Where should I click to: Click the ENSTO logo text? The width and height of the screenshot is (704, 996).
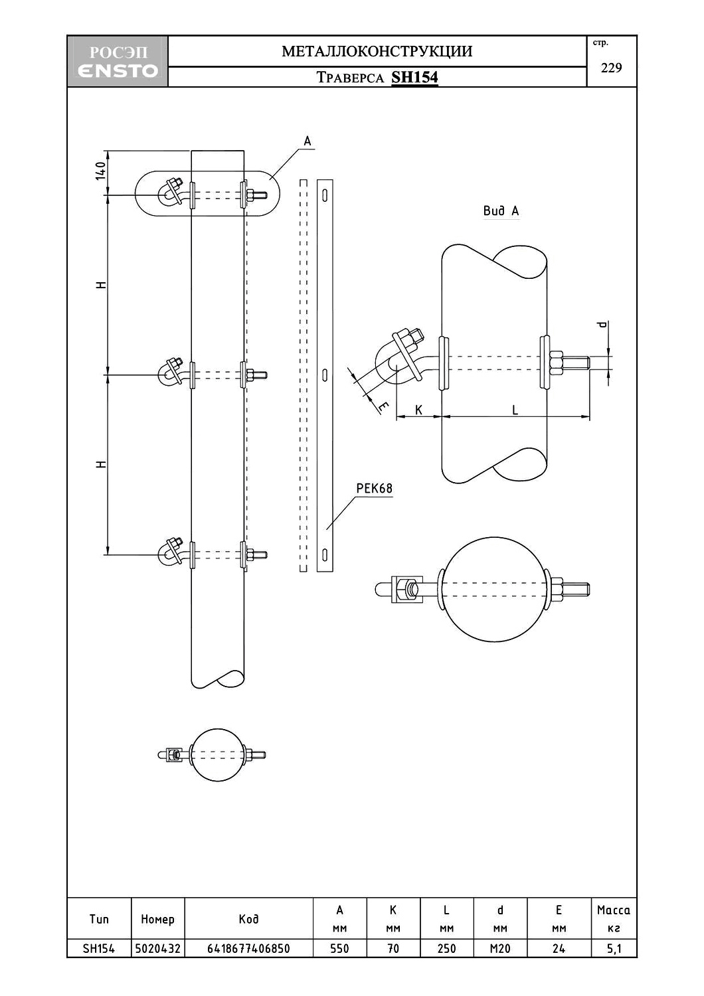118,70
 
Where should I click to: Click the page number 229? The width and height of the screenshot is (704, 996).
611,68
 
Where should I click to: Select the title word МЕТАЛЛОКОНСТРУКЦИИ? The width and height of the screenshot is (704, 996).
377,52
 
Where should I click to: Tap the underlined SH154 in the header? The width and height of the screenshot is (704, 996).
414,78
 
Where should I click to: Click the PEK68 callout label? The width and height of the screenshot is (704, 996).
375,489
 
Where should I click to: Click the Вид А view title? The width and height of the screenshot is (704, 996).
501,210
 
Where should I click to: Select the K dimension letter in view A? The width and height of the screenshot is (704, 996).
418,410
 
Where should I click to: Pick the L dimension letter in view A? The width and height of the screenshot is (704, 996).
515,410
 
